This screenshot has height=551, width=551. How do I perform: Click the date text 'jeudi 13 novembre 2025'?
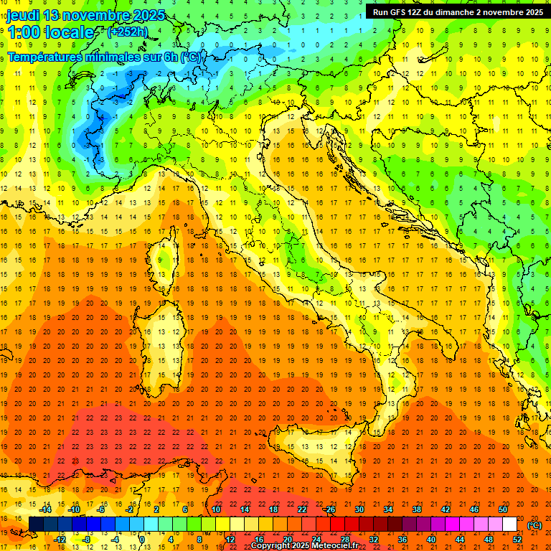click(x=86, y=15)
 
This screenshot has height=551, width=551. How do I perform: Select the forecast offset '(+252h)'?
click(x=127, y=32)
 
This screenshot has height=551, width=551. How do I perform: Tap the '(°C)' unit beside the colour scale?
click(x=534, y=524)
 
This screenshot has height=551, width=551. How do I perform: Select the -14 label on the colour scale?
click(x=47, y=509)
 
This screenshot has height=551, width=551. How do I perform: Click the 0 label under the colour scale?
click(x=142, y=540)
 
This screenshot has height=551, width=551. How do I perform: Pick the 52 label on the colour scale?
click(x=517, y=540)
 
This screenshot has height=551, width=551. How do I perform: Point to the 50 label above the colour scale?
click(x=503, y=509)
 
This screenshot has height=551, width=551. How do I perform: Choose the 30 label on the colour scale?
click(x=359, y=509)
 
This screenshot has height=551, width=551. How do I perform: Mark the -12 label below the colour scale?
click(x=61, y=540)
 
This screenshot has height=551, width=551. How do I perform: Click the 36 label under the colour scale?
click(x=402, y=540)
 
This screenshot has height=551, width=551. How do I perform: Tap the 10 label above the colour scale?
click(x=216, y=509)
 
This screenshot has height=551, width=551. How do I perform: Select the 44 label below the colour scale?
click(x=459, y=540)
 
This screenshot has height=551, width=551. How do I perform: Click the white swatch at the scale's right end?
click(x=510, y=524)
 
